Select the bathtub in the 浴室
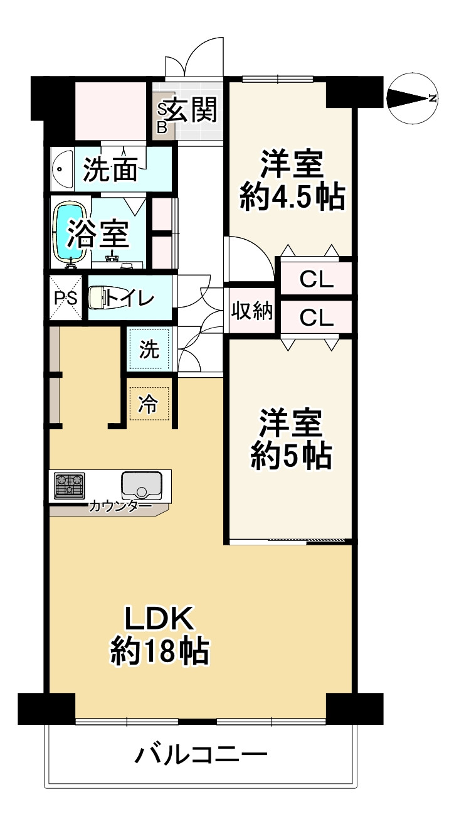click(70, 231)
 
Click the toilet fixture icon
click(97, 298)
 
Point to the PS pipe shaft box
click(65, 298)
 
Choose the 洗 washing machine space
click(149, 350)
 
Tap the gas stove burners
click(70, 486)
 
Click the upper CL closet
click(315, 279)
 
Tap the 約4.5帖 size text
click(292, 198)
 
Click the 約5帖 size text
click(291, 456)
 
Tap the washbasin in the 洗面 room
click(60, 168)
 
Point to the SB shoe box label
click(162, 119)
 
